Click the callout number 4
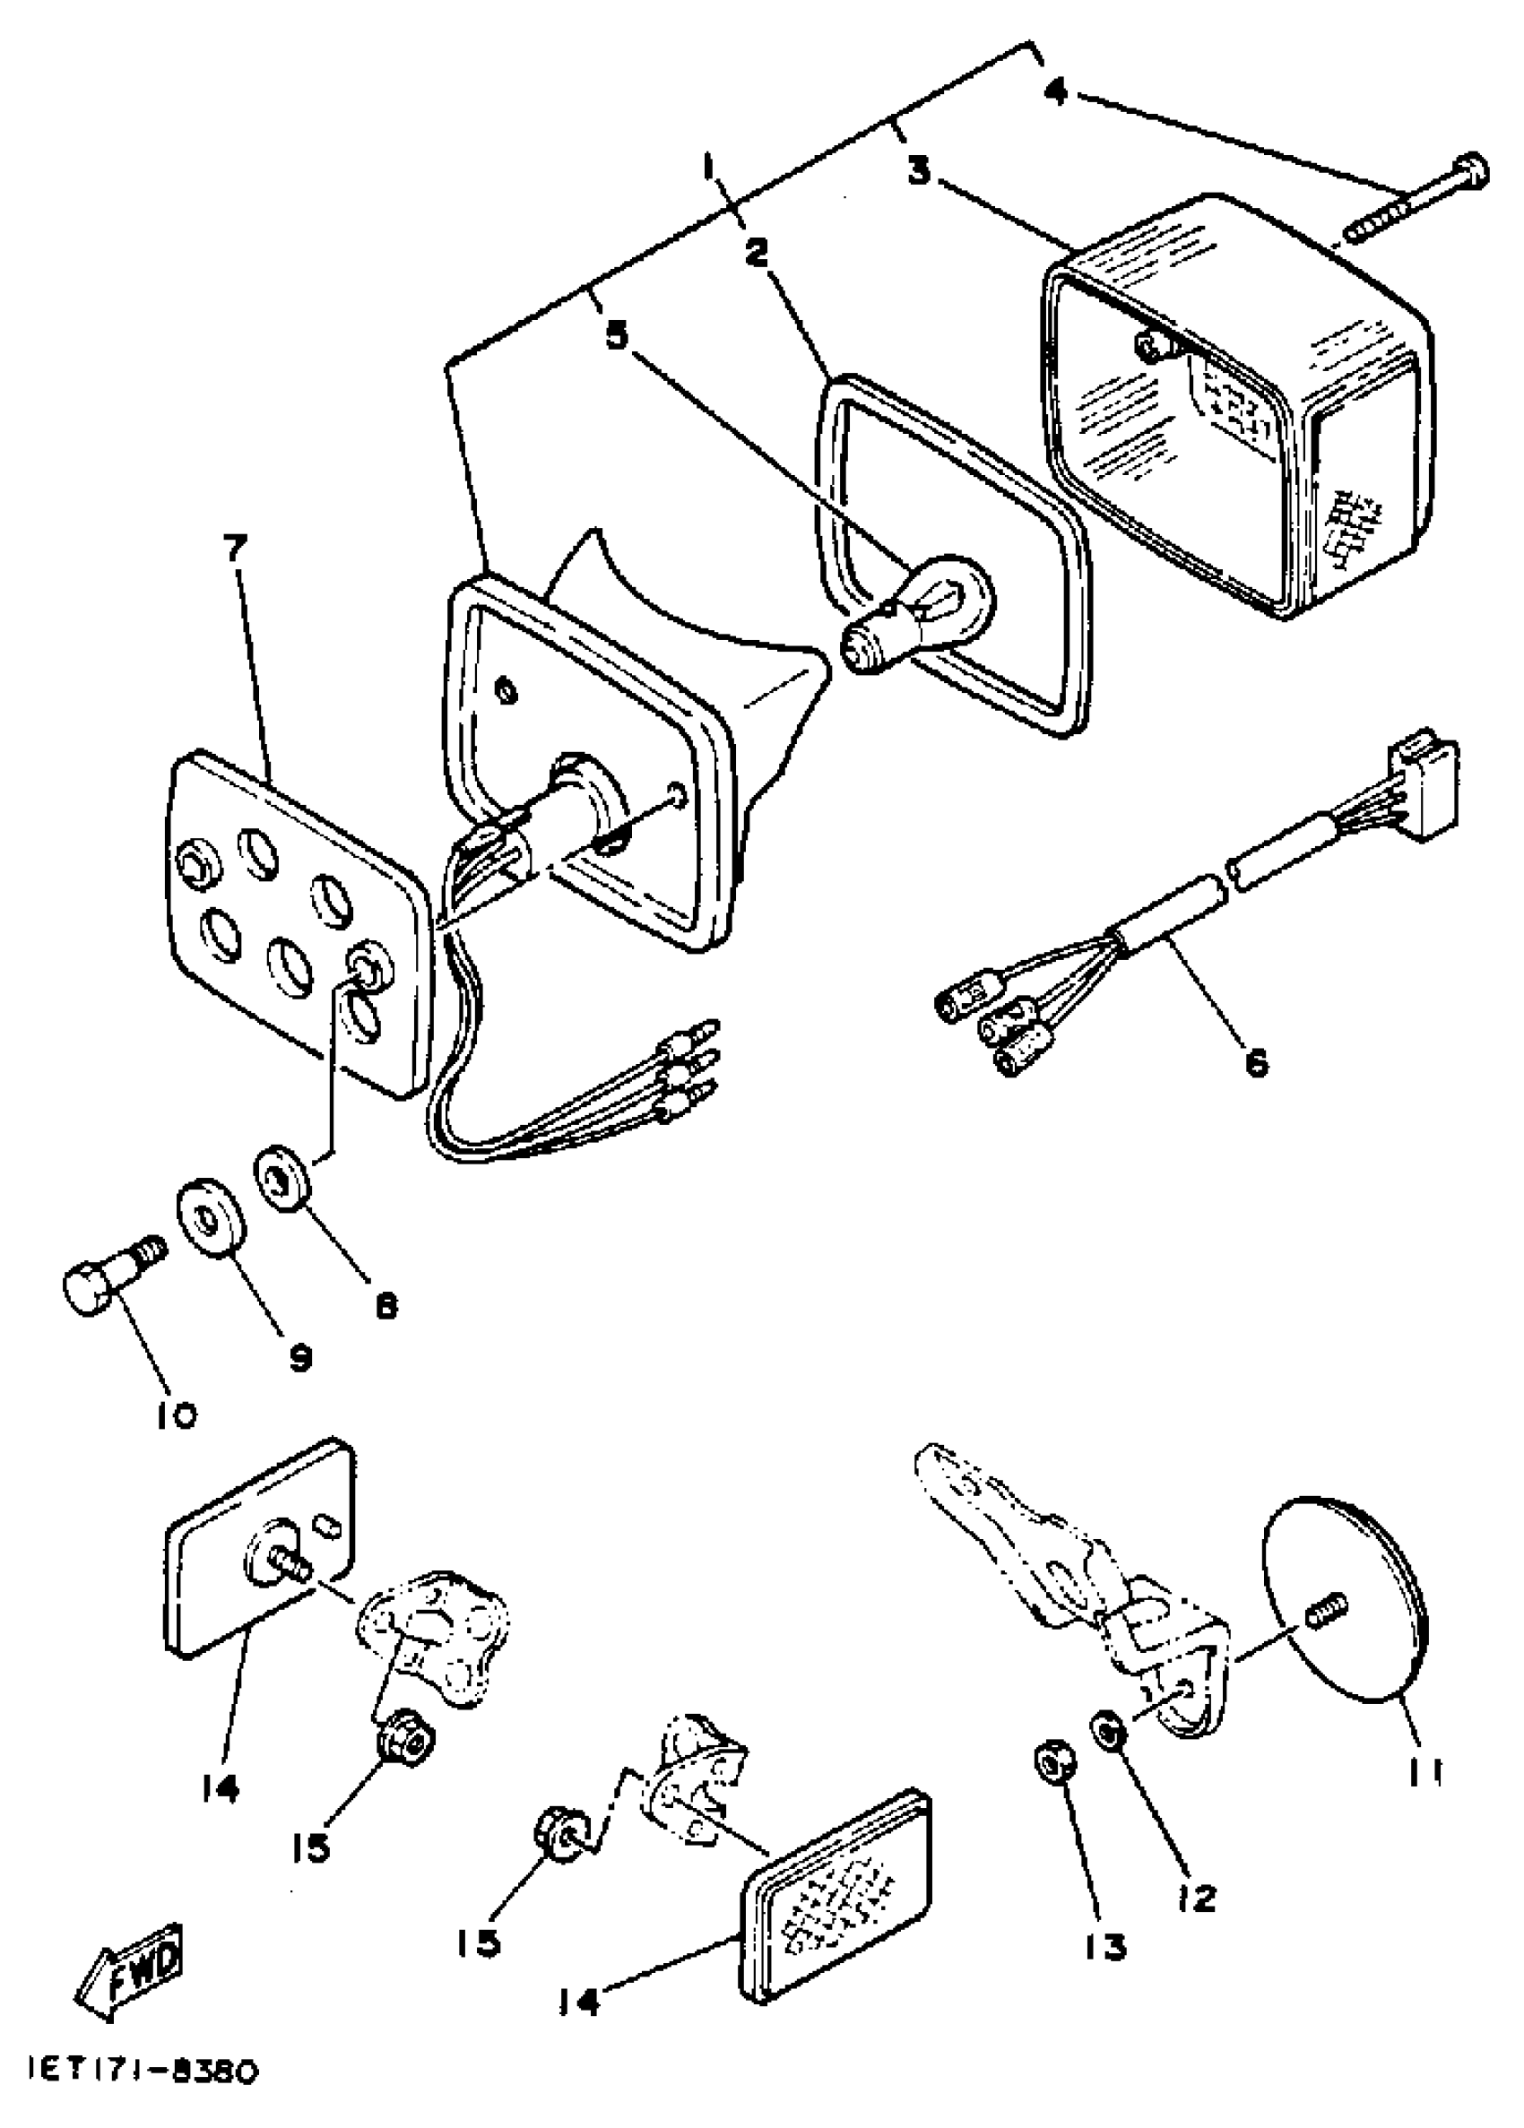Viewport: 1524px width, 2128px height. [1056, 92]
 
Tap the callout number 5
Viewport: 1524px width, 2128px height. [617, 335]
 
